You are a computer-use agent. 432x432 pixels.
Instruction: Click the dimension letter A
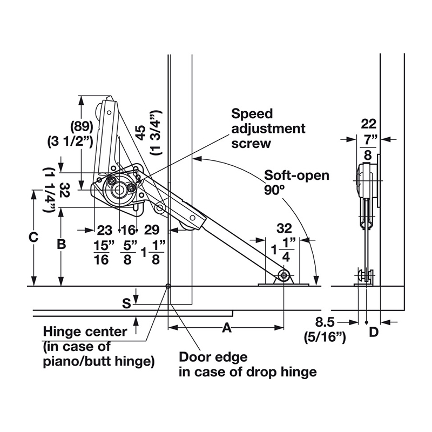click(226, 328)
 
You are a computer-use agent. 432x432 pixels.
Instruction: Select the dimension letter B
click(61, 244)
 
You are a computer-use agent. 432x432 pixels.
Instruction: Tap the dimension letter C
click(33, 237)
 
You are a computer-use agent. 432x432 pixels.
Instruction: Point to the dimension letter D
click(374, 332)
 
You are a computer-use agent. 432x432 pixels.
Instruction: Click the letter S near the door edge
click(126, 303)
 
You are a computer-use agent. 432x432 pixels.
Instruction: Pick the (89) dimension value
click(82, 127)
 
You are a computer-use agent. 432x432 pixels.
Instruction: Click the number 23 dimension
click(105, 230)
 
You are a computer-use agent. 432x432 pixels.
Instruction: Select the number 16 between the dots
click(128, 230)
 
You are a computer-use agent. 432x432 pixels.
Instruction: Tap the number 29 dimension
click(152, 230)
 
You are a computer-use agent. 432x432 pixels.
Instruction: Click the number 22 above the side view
click(369, 124)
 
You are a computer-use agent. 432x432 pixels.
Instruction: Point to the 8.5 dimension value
click(325, 322)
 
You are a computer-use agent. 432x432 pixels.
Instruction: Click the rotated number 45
click(141, 133)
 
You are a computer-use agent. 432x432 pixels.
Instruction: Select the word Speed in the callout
click(252, 114)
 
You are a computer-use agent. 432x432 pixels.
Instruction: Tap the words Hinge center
click(85, 332)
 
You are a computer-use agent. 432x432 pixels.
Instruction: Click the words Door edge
click(213, 357)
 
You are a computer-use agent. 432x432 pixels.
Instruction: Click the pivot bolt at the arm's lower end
click(284, 275)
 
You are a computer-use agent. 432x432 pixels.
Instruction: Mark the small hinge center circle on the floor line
click(168, 286)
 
